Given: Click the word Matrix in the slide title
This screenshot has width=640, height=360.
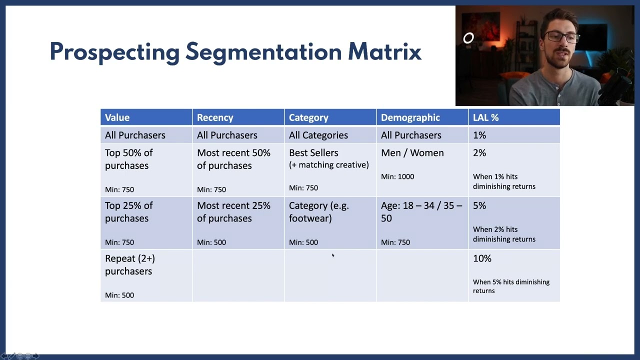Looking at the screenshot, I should pos(384,52).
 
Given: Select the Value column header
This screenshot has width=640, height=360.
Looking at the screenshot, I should pos(117,117).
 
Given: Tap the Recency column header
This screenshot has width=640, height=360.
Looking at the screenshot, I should pos(215,117).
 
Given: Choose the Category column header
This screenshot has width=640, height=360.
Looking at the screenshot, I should pos(308,117).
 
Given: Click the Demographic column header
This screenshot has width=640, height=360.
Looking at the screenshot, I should pos(410,117).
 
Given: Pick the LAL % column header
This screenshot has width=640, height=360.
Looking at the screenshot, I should pos(485,117).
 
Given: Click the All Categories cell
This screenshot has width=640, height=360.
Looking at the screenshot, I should pos(318,135).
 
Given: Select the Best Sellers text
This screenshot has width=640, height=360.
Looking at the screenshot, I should pos(313,153).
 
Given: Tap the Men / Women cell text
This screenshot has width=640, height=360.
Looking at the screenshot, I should pos(412,153).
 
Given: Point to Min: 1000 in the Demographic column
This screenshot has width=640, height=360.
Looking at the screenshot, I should pos(397,176).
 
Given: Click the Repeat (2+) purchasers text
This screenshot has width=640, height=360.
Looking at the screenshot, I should pos(129,264).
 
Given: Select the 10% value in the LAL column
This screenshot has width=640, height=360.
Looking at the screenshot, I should pos(482,258).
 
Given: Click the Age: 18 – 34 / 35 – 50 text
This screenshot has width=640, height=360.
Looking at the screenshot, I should pos(421,212).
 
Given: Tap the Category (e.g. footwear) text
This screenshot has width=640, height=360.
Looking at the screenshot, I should pos(318,212).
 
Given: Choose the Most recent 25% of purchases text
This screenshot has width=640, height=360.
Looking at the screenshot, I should pos(233,212).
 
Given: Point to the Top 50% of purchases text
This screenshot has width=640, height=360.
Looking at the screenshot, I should pos(128,159).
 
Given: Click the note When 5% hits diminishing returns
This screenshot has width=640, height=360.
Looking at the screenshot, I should pos(510,286).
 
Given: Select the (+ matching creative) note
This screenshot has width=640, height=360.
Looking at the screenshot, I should pos(328,165).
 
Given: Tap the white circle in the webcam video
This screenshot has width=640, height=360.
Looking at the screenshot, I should pos(468,38).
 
